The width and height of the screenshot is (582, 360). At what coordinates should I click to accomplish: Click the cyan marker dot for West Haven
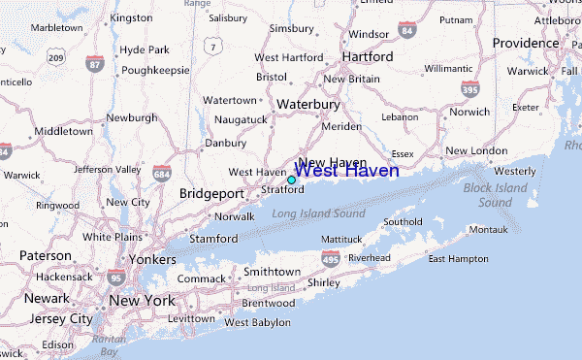(x=291, y=180)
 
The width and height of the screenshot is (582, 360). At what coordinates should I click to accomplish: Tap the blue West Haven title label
(x=345, y=171)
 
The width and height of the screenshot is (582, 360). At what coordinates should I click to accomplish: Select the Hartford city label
(x=368, y=57)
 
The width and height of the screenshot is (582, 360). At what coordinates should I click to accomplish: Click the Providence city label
(x=526, y=44)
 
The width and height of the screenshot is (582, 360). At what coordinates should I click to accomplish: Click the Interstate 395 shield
(x=469, y=88)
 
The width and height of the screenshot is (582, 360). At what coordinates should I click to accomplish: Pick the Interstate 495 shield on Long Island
(x=330, y=259)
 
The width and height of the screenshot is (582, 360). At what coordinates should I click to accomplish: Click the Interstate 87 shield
(x=94, y=64)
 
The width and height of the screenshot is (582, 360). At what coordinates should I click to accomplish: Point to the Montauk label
(x=487, y=229)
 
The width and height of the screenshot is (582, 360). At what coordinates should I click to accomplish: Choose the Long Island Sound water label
(x=318, y=213)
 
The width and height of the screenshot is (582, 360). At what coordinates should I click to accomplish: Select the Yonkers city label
(x=152, y=260)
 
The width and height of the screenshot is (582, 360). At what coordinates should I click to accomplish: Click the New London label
(x=476, y=150)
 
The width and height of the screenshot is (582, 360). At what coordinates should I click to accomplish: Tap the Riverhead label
(x=369, y=258)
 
